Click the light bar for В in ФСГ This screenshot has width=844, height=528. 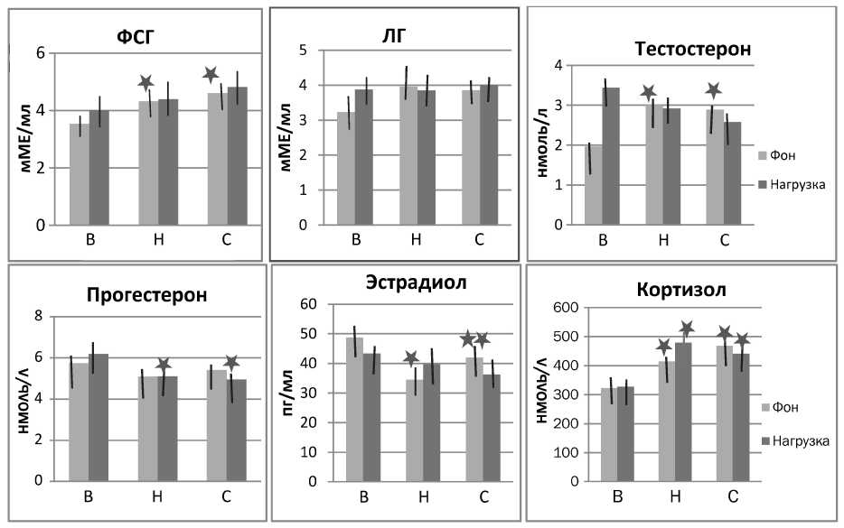[80, 174]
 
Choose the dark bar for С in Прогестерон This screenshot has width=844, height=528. [237, 430]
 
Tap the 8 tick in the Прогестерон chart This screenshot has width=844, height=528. [38, 316]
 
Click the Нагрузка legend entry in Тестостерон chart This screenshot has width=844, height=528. [792, 184]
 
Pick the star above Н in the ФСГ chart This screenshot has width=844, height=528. [145, 83]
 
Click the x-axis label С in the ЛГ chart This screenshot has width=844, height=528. [479, 239]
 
